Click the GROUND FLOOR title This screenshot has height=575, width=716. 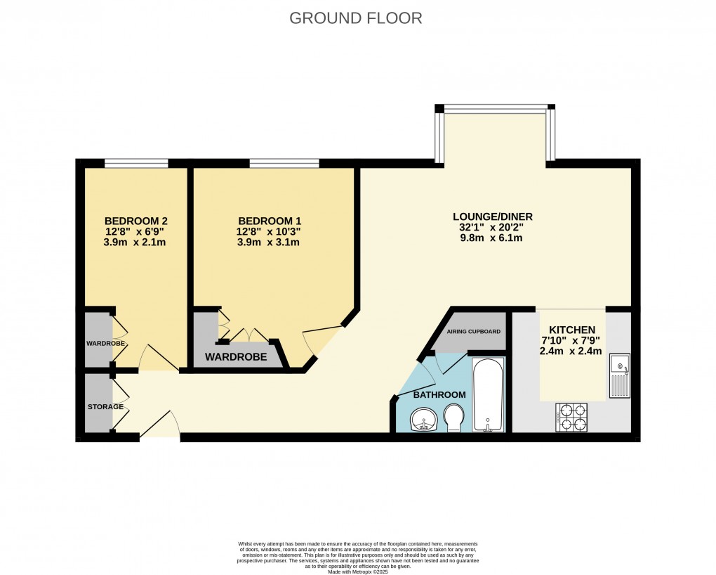(356, 18)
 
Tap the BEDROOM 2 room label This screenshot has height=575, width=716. (136, 219)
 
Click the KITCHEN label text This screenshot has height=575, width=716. (571, 330)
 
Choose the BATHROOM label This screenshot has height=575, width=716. (439, 395)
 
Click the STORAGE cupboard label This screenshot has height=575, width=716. (105, 407)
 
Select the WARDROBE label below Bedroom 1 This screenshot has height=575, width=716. (236, 357)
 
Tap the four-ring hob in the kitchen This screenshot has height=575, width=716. (571, 417)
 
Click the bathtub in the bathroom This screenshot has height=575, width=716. (487, 395)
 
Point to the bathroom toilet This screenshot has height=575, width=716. (454, 420)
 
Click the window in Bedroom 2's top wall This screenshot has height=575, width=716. (136, 164)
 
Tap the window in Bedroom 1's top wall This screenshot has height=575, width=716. (284, 164)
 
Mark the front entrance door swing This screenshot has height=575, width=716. (160, 425)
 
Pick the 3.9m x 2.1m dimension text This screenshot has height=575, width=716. (136, 243)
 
